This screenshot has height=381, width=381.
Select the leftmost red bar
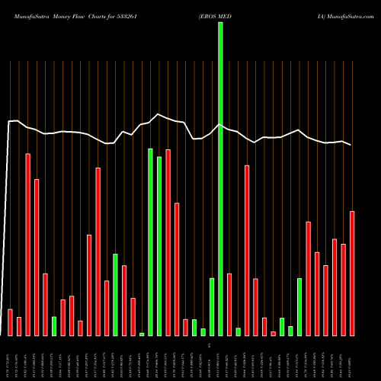point(10,322)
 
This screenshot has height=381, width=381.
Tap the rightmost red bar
point(352,274)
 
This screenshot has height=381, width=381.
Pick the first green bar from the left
point(54,326)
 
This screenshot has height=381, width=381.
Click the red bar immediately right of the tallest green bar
point(229,305)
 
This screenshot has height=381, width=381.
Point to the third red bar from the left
point(28,245)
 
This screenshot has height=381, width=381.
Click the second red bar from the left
point(19,326)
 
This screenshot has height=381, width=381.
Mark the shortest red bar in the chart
point(273,334)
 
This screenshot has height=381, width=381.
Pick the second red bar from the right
point(343,290)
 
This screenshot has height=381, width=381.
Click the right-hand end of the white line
point(351,145)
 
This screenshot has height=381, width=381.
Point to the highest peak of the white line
point(158,114)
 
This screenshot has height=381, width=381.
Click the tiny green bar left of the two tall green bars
point(142,334)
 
